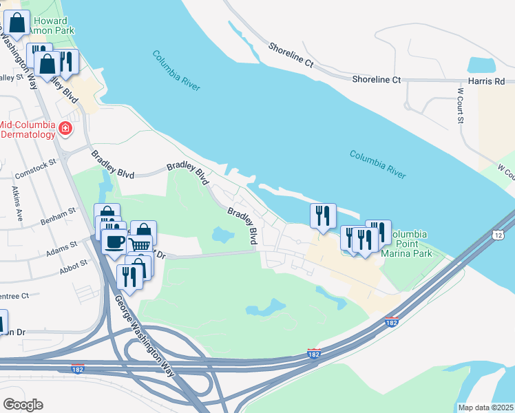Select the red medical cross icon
(x=65, y=128)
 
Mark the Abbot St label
(x=74, y=263)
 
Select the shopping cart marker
(x=140, y=245)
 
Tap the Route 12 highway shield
(x=497, y=235)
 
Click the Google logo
(x=23, y=405)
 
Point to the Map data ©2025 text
(x=486, y=407)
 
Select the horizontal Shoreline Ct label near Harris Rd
(x=376, y=80)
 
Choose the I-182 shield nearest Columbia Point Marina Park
(x=391, y=322)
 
